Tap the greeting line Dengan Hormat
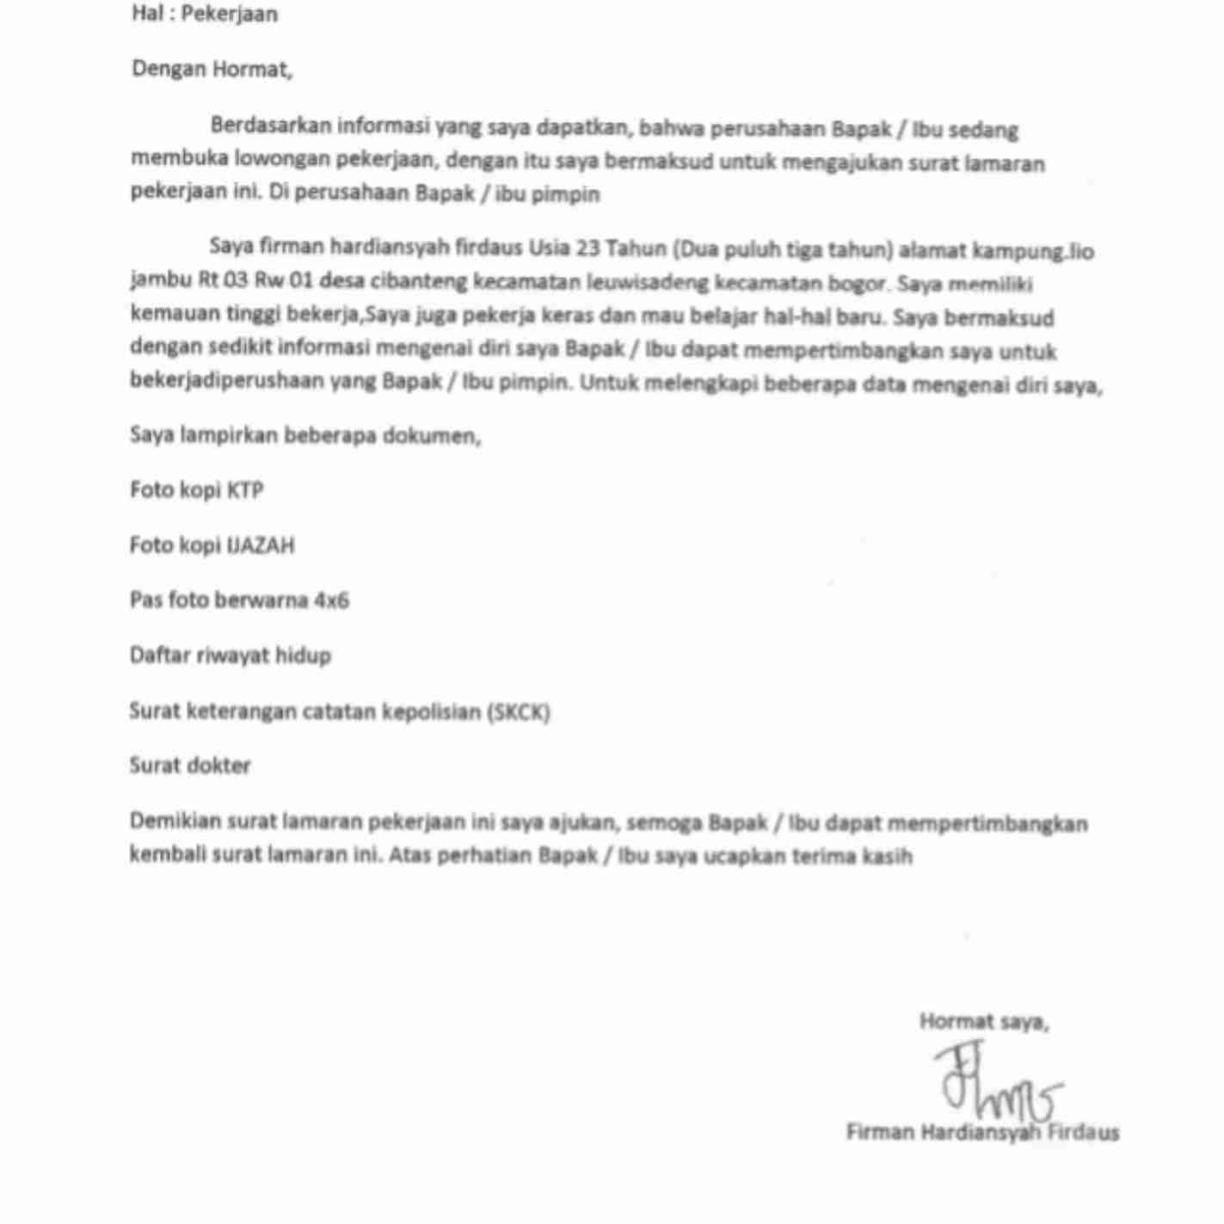click(x=212, y=70)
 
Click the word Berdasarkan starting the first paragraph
click(x=270, y=126)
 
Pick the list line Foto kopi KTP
click(x=197, y=490)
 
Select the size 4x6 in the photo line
click(x=331, y=600)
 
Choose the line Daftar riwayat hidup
click(x=231, y=655)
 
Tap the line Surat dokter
click(x=190, y=766)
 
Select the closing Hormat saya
click(x=983, y=1022)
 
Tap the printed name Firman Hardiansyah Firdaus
click(x=982, y=1132)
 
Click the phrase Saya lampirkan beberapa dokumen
click(x=305, y=435)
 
